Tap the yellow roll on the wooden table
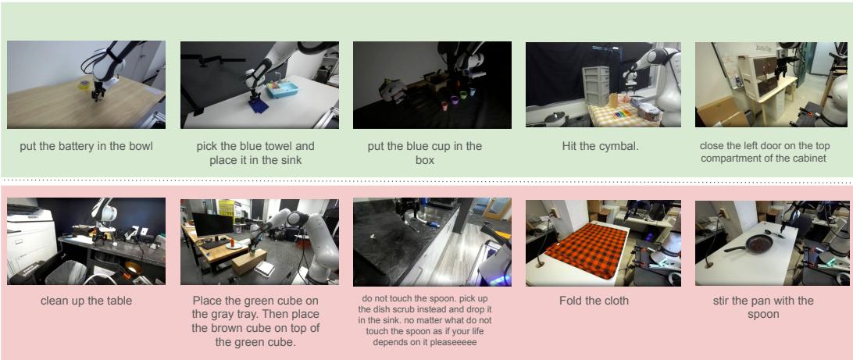coord(82,86)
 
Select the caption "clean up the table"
coord(86,301)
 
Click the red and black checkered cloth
coord(585,244)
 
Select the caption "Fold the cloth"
coord(594,301)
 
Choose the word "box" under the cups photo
coord(424,160)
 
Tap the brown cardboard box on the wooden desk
coord(250,261)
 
